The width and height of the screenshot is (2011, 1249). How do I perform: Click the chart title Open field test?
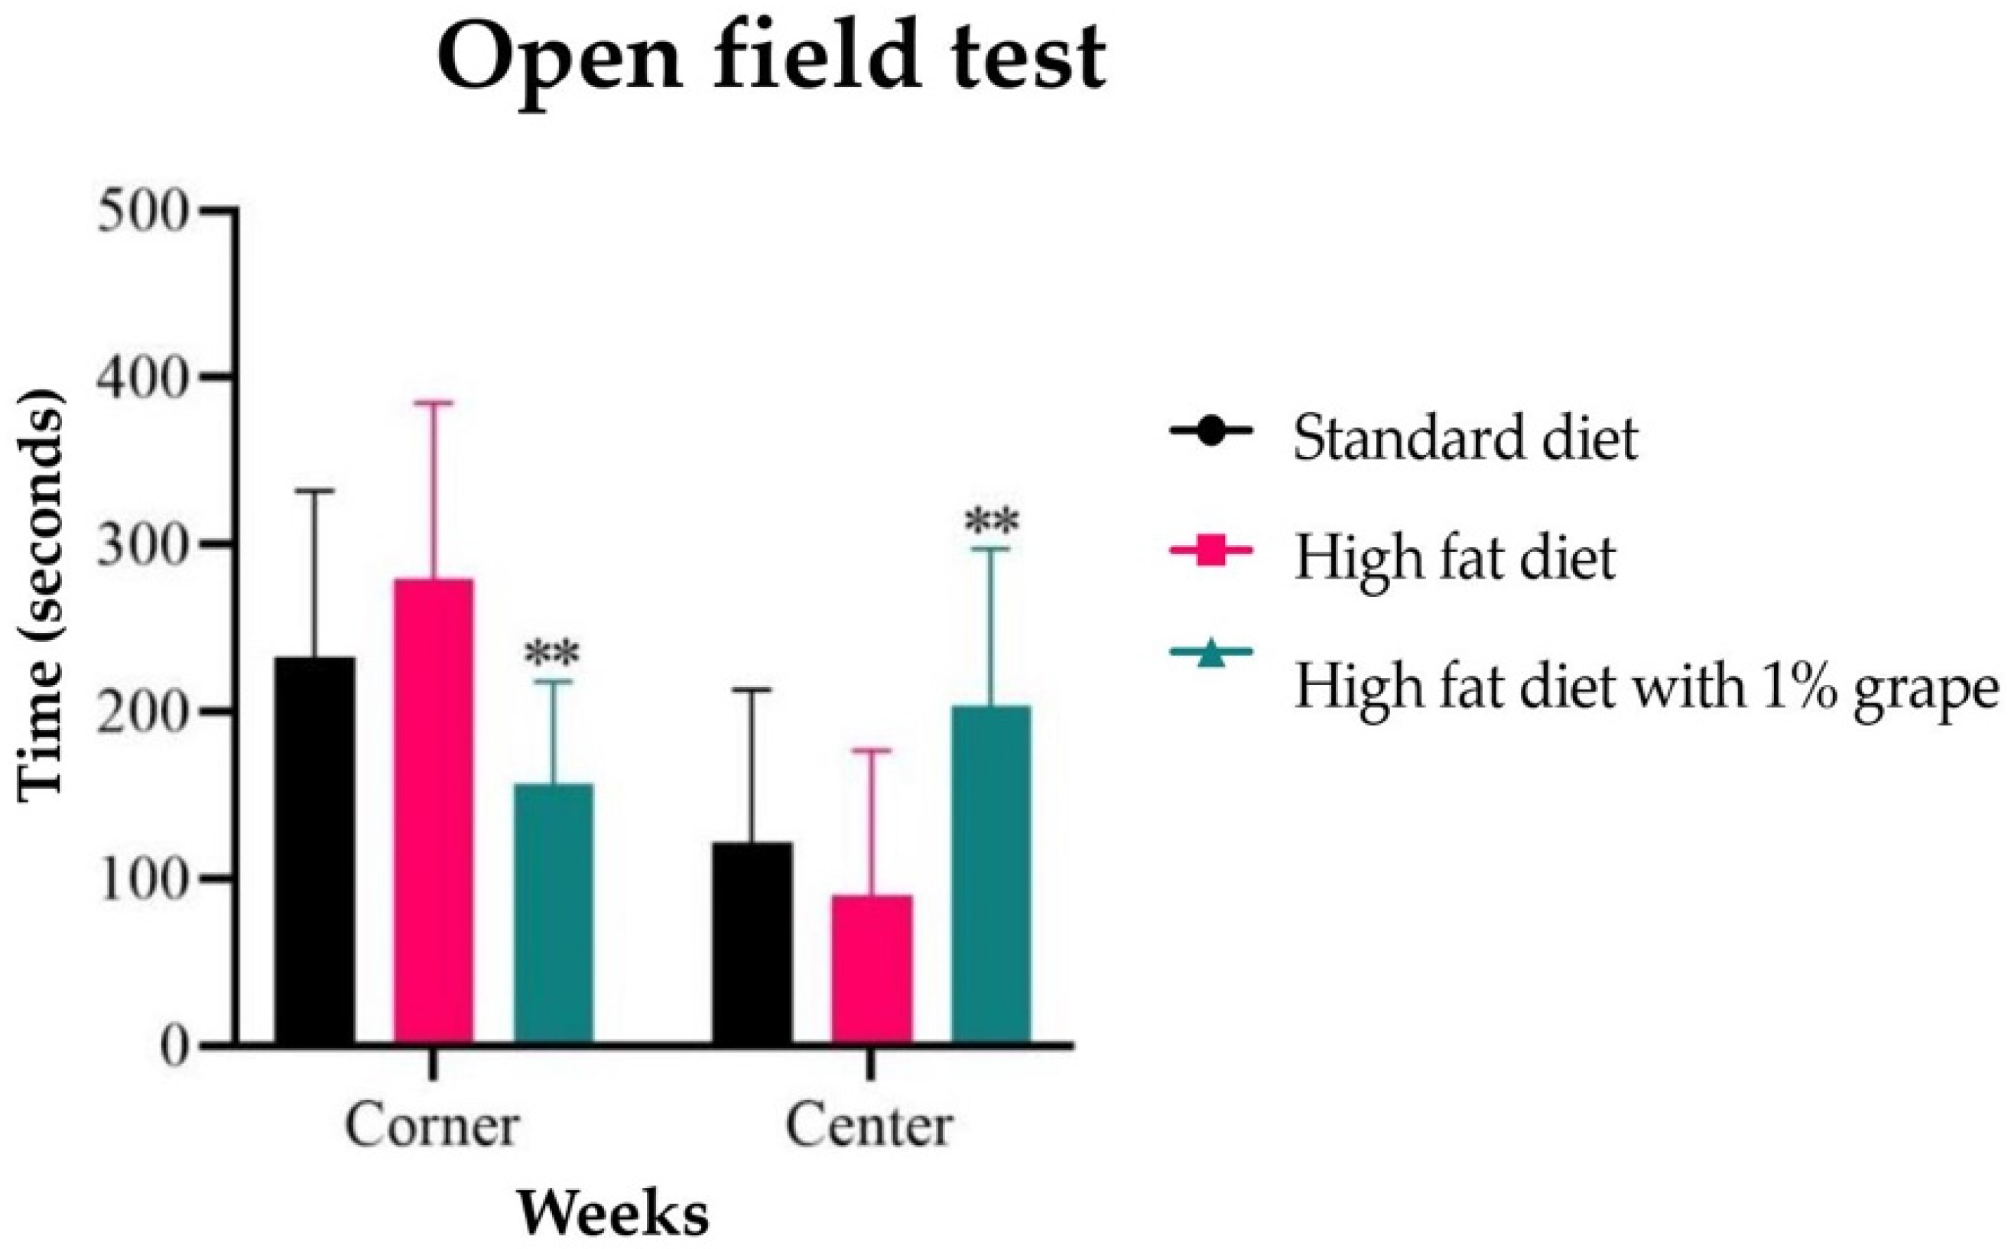coord(770,60)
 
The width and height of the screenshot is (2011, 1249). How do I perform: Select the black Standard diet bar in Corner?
coord(315,851)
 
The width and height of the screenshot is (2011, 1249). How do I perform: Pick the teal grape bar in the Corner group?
coord(554,913)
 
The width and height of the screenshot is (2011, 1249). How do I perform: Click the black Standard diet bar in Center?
coord(752,942)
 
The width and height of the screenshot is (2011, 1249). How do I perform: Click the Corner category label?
coord(432,1125)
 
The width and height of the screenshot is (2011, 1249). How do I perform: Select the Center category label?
coord(869,1125)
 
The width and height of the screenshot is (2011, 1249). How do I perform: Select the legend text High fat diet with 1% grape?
coord(1645,686)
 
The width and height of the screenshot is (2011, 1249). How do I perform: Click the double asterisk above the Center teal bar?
coord(992,522)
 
